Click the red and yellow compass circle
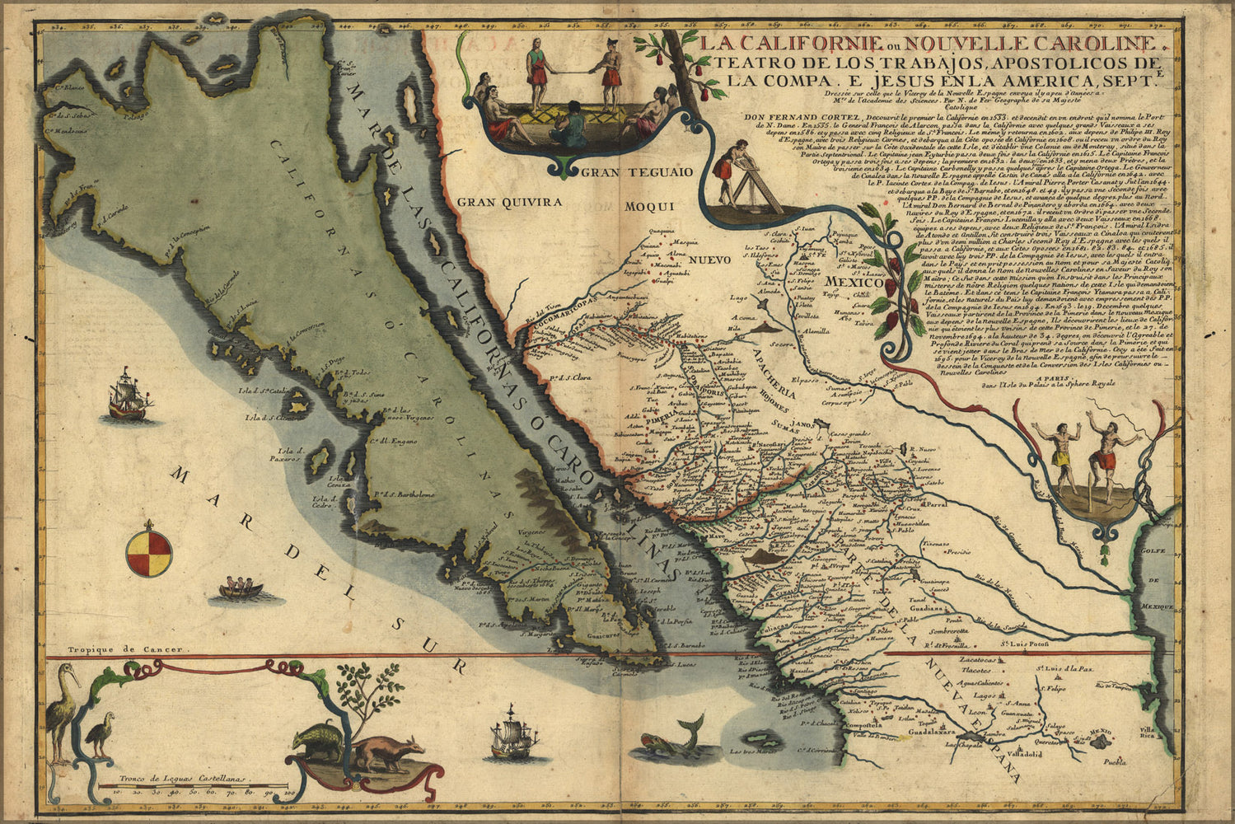[x=149, y=552]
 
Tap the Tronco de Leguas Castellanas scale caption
[x=182, y=777]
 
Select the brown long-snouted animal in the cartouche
[x=387, y=753]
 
